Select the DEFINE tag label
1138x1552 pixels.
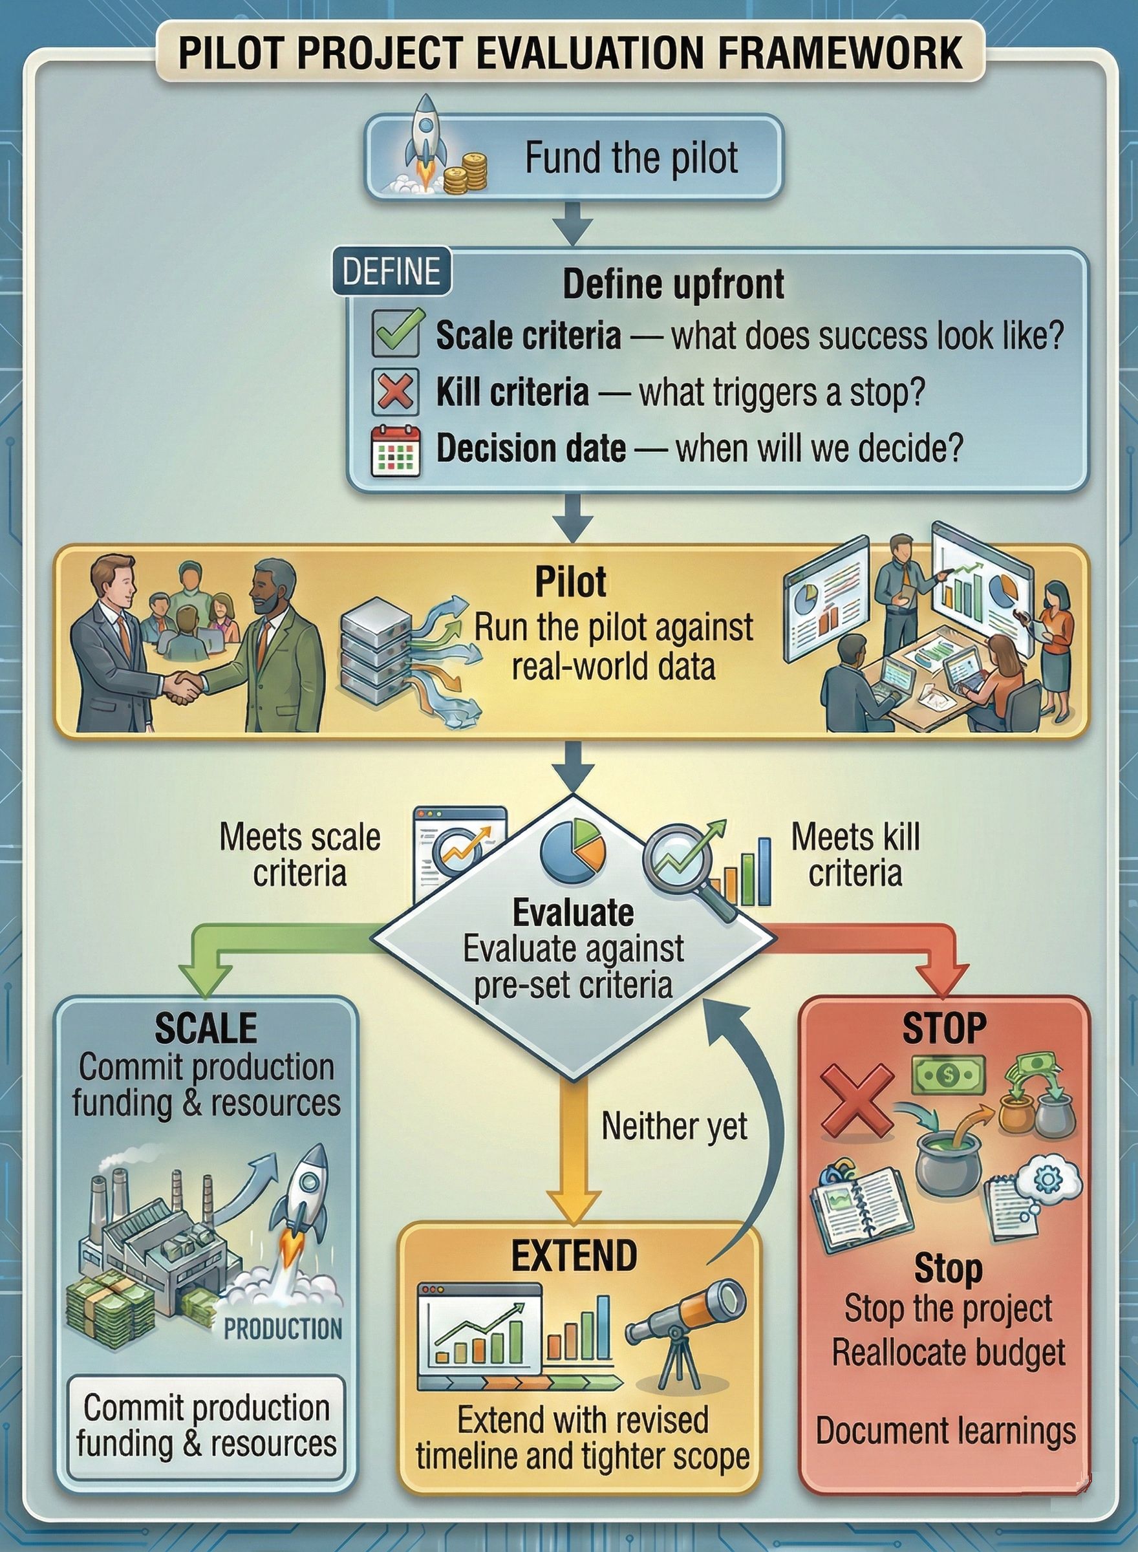(391, 271)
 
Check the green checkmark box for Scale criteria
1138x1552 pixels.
(396, 334)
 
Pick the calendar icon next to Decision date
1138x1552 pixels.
(396, 450)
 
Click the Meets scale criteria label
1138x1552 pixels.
(299, 854)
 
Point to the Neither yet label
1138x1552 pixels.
(674, 1126)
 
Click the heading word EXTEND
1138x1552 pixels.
(574, 1255)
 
